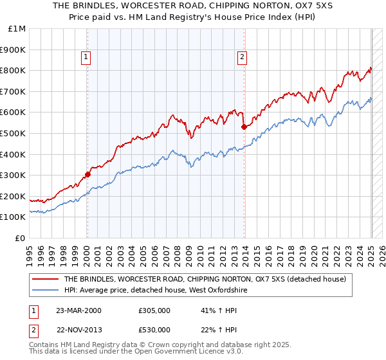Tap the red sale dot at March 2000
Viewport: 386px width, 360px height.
click(x=87, y=174)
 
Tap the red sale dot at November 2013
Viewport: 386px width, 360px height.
click(x=244, y=127)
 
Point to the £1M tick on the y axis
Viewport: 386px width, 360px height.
click(x=17, y=29)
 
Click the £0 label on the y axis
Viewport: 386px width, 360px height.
click(x=21, y=238)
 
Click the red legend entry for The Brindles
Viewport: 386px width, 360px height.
click(x=205, y=279)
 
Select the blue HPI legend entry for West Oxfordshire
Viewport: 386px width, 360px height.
click(x=156, y=291)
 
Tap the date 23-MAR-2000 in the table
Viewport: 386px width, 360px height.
click(x=78, y=311)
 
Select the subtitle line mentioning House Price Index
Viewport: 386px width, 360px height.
click(x=193, y=17)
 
